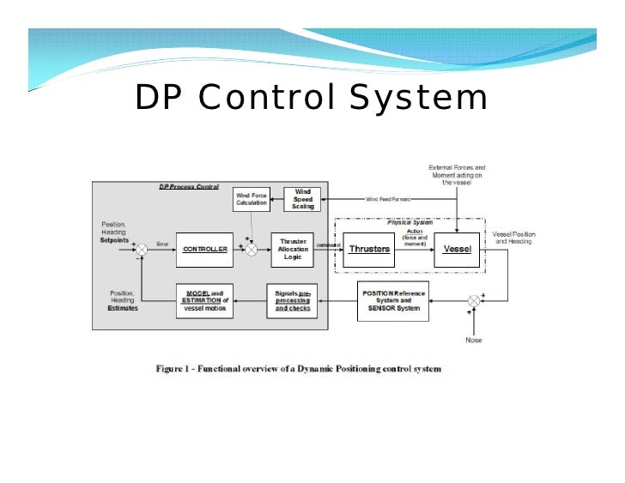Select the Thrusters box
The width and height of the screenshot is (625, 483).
pos(368,249)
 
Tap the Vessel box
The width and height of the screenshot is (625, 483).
pos(456,249)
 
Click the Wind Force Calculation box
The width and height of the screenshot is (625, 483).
pos(251,199)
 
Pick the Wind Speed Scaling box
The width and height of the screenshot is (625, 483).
pos(303,199)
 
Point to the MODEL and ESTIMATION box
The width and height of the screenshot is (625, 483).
pos(205,300)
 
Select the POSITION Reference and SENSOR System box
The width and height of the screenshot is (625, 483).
pos(391,300)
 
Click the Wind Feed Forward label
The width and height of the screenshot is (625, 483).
pos(388,199)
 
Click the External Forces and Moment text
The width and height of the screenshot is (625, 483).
pos(457,174)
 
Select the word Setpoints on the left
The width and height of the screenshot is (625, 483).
pos(115,240)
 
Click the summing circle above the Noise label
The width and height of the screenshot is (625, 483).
pos(473,300)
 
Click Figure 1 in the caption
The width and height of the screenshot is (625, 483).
pos(176,369)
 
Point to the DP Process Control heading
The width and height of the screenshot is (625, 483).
pos(189,186)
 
